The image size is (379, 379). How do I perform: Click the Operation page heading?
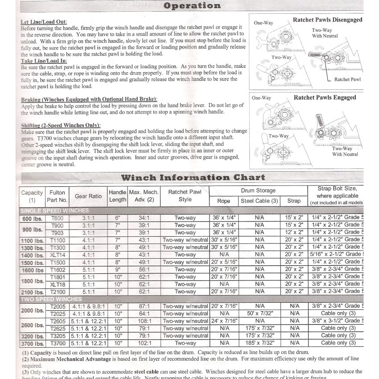pos(192,6)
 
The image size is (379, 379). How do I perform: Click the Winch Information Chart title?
pos(193,177)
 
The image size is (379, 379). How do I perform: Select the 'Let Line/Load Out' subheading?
pos(44,22)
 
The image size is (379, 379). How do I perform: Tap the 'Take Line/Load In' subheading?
pos(44,60)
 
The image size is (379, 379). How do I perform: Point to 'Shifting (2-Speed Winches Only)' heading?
pos(61,125)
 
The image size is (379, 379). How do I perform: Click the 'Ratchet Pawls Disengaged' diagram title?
pos(327,20)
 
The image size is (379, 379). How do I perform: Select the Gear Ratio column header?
pos(88,196)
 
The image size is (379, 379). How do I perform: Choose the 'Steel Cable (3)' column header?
pos(260,201)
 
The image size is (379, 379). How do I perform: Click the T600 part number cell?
pos(58,218)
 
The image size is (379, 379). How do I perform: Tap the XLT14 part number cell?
pos(58,254)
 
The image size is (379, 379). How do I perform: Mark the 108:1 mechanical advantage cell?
pos(144,321)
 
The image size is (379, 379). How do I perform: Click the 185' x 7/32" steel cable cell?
pos(260,343)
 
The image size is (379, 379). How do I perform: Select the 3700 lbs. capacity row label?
pos(32,343)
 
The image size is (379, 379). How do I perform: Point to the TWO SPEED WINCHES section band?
pos(52,299)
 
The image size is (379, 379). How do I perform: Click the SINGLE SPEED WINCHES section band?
pos(54,210)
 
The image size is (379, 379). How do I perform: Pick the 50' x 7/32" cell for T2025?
pos(260,313)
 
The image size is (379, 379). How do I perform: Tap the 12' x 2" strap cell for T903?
pos(294,232)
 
